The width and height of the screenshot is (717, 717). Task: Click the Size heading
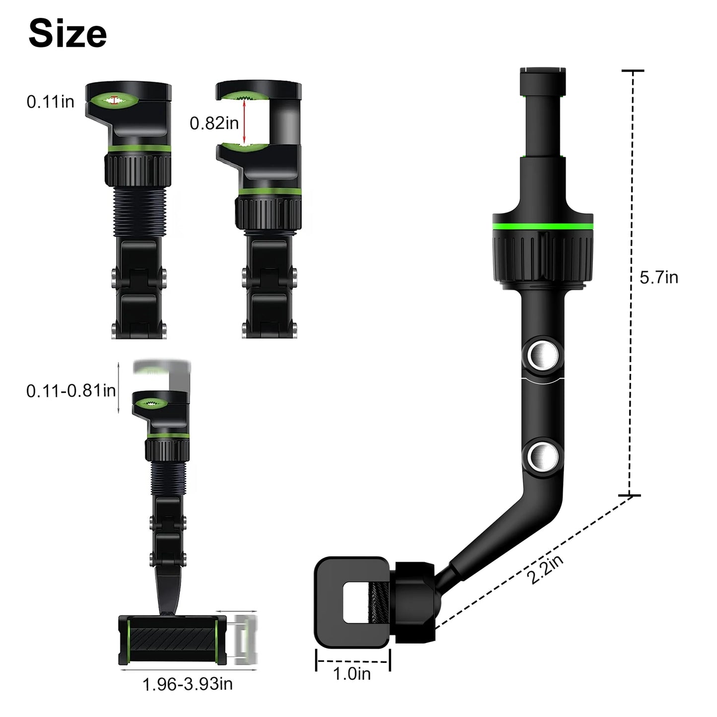(x=67, y=34)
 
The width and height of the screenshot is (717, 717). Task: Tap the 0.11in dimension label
(x=50, y=102)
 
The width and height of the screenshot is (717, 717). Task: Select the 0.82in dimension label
(x=214, y=123)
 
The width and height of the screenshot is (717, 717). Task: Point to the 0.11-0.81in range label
(x=71, y=391)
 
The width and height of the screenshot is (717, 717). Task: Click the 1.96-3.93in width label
(x=188, y=684)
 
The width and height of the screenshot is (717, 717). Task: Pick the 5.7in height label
(x=658, y=277)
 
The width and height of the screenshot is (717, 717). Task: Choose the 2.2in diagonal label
(x=545, y=569)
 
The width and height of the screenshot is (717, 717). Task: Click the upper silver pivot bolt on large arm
(x=540, y=355)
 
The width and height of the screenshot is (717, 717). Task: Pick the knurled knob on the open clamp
(x=268, y=212)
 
